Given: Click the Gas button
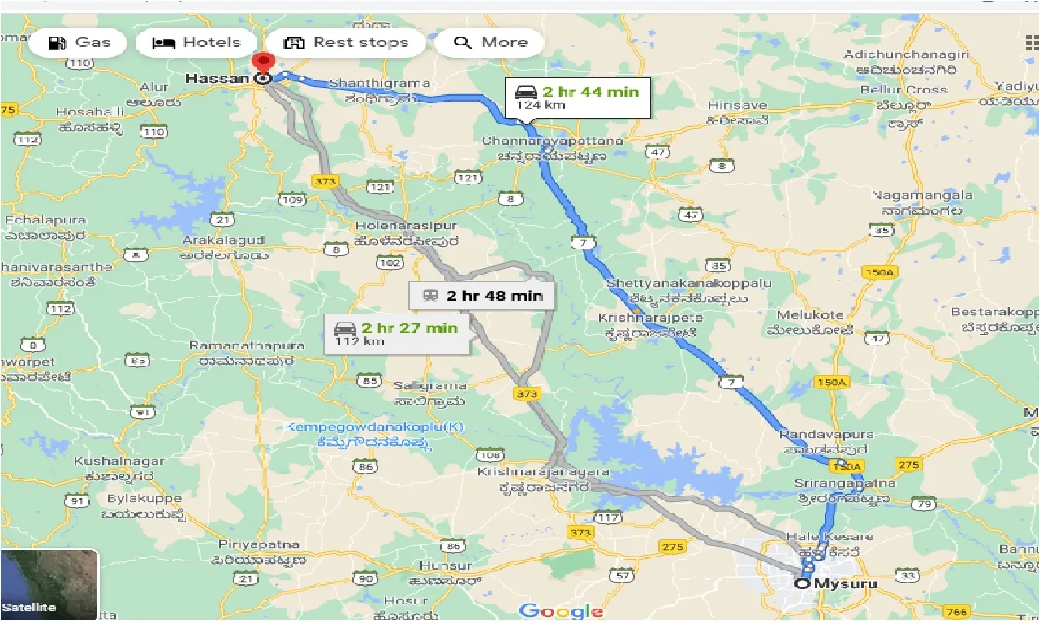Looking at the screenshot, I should [x=78, y=43].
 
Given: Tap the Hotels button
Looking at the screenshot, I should [x=196, y=43].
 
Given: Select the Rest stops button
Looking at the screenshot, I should [x=346, y=43].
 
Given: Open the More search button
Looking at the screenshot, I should [x=489, y=43].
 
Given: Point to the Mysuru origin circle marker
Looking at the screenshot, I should [x=802, y=583].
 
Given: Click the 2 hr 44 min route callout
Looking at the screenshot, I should [x=577, y=97].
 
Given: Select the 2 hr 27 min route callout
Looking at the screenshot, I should [x=396, y=333].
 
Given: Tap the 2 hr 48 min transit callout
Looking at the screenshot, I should [x=482, y=296].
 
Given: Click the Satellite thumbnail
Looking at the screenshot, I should [x=49, y=584].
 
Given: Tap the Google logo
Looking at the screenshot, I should [x=562, y=611].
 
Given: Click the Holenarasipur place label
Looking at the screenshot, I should [x=406, y=226].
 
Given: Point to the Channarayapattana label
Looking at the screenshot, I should [x=553, y=141].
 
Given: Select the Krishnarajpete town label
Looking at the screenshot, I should [x=650, y=318].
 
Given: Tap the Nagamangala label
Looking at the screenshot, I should [x=921, y=196].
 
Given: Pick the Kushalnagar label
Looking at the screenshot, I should [x=119, y=461].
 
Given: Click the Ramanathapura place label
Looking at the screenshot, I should [x=247, y=346].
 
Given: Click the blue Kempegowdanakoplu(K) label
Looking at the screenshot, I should [x=374, y=427].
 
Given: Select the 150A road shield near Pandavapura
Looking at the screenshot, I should [x=846, y=466].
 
